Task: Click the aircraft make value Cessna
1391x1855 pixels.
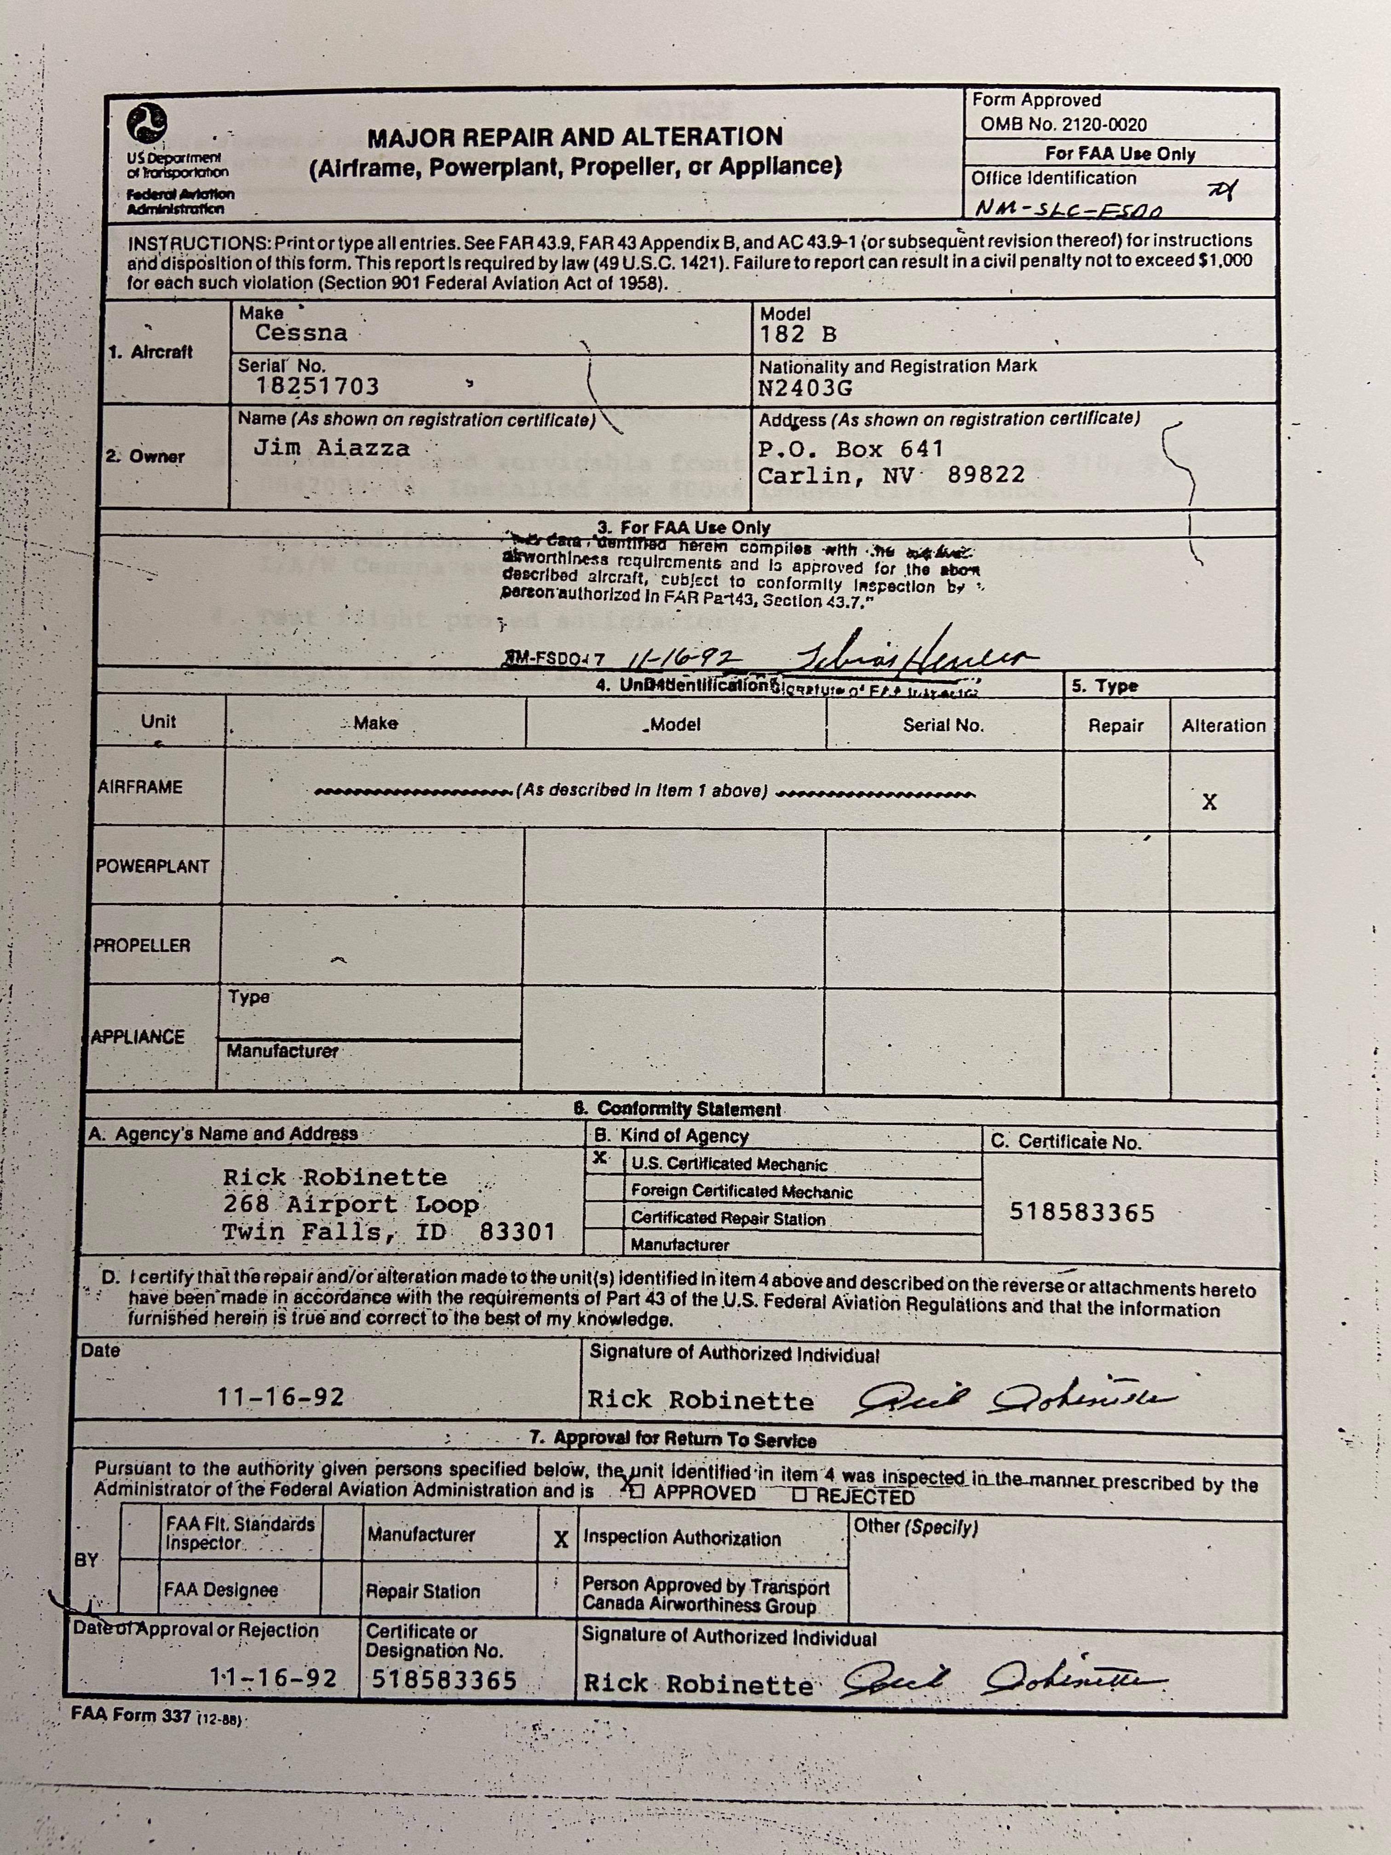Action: [301, 333]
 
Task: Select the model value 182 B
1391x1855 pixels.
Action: [798, 334]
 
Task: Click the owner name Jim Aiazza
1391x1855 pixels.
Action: [332, 448]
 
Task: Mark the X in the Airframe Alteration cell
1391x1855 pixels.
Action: [1209, 802]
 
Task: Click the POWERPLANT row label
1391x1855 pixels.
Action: [153, 866]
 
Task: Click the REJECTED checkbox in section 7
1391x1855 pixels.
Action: [799, 1495]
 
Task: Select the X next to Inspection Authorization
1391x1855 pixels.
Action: [561, 1539]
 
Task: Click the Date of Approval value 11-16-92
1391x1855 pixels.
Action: [273, 1678]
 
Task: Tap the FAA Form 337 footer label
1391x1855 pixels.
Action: [132, 1715]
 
